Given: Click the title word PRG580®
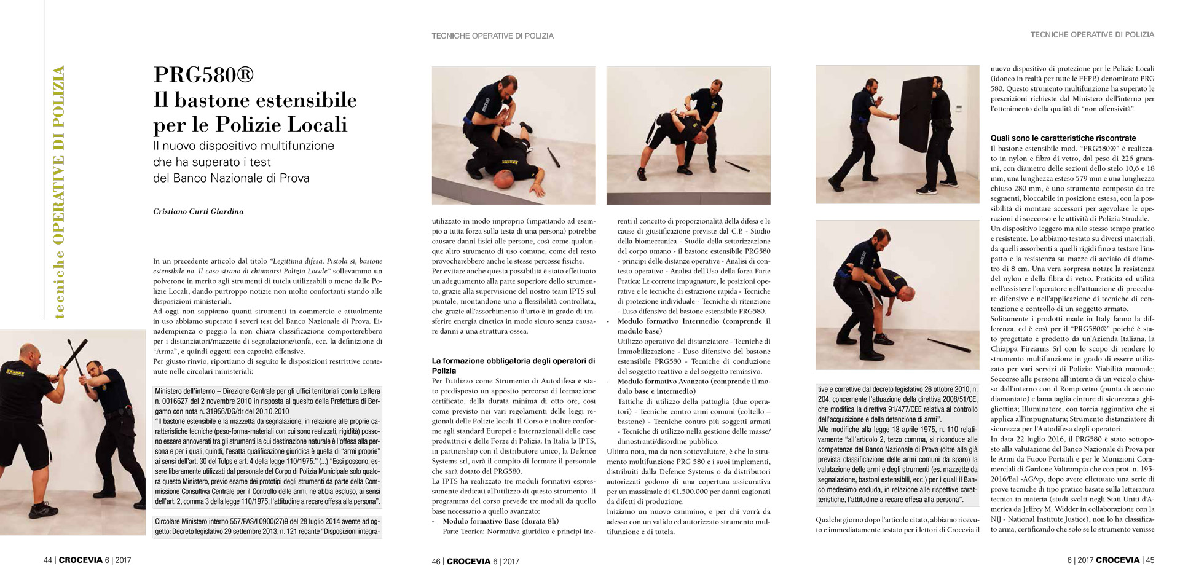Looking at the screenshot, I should click(203, 75).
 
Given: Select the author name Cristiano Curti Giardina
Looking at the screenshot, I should click(199, 211).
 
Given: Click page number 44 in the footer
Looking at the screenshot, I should click(47, 560).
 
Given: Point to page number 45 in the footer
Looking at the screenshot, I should click(1149, 560).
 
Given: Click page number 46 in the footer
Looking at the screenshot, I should click(436, 560).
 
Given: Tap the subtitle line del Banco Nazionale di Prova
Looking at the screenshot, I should click(231, 178).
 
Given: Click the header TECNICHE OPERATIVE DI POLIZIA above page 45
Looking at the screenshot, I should click(1092, 35).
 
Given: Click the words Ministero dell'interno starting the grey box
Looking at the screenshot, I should click(184, 391).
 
